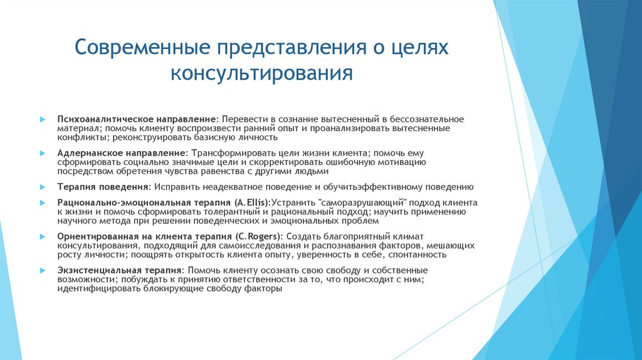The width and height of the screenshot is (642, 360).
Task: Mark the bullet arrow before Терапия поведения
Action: tap(42, 187)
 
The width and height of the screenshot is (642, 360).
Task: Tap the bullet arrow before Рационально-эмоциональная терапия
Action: tap(42, 203)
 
